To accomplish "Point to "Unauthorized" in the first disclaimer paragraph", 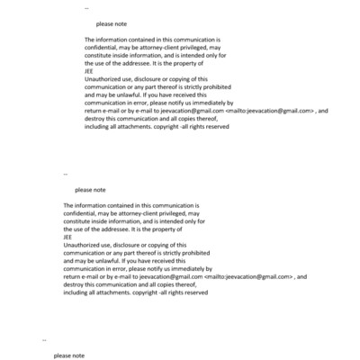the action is [x=105, y=79].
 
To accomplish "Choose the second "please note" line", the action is [x=90, y=190].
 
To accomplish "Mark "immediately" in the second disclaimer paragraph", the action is [x=193, y=268].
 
